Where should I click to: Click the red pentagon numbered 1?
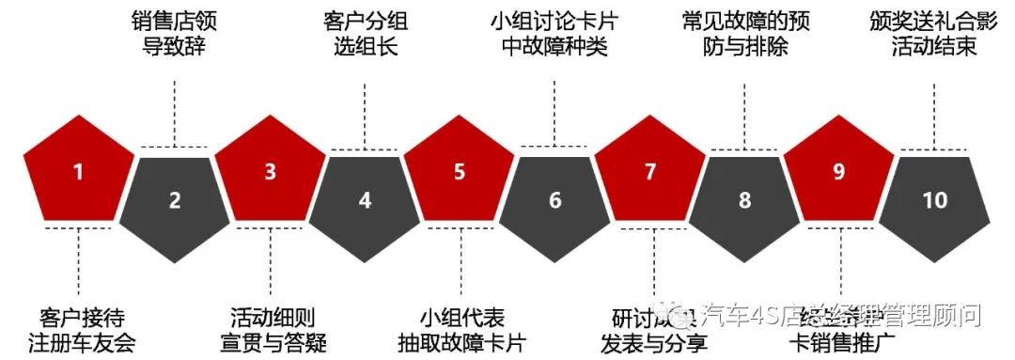pyautogui.click(x=78, y=172)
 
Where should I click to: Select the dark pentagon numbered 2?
pyautogui.click(x=175, y=199)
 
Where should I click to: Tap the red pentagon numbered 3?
pyautogui.click(x=271, y=172)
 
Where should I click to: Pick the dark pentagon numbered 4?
pyautogui.click(x=366, y=199)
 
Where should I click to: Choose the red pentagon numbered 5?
pyautogui.click(x=460, y=172)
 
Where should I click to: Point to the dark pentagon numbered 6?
pyautogui.click(x=554, y=199)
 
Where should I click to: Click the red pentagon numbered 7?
pyautogui.click(x=650, y=172)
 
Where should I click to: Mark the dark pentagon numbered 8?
pyautogui.click(x=745, y=199)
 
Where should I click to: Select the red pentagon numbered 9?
pyautogui.click(x=839, y=172)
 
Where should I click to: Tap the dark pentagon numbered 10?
pyautogui.click(x=935, y=199)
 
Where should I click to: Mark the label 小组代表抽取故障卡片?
pyautogui.click(x=461, y=328)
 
